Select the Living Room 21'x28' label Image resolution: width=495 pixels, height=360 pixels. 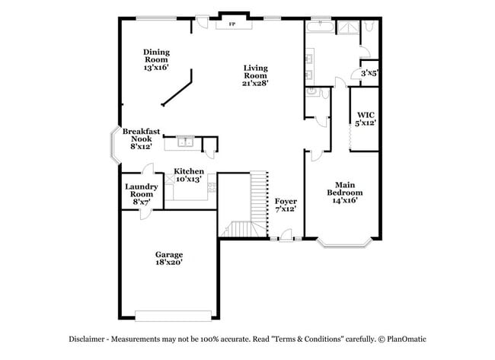point(255,75)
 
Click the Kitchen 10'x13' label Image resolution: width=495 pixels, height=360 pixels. point(188,175)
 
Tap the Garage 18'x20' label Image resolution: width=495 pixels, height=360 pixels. point(168,259)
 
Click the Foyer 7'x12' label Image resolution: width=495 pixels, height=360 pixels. point(286,204)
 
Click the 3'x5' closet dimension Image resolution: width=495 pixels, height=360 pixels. point(369,74)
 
